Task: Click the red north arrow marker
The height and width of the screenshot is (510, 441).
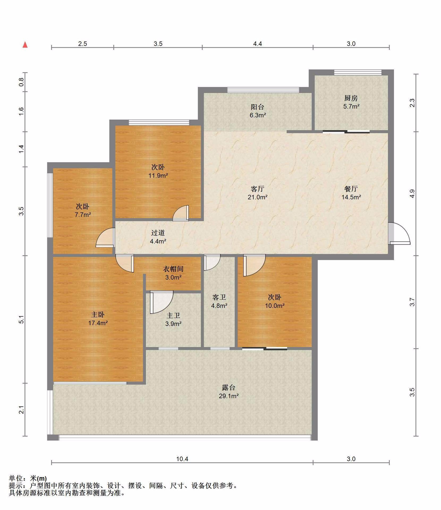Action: pos(25,45)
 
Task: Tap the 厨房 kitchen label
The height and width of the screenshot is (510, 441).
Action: pos(351,98)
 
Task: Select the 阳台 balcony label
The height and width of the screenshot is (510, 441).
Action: pos(257,107)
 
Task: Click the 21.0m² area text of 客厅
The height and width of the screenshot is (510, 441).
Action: pos(257,197)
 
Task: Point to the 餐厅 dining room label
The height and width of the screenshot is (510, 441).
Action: pos(351,189)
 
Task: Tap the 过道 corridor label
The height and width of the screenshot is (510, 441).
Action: pos(158,233)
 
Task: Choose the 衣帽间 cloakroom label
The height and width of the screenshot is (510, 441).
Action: pos(173,269)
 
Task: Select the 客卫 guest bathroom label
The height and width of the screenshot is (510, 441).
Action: pos(219,297)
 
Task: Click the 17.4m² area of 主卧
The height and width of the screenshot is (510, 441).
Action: pos(98,323)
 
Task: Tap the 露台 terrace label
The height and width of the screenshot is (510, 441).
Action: pos(228,388)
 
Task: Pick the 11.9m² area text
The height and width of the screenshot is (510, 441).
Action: pos(158,176)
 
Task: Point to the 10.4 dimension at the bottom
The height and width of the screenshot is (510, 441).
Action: pos(182,459)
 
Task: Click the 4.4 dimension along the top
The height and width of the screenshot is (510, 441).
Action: pos(257,44)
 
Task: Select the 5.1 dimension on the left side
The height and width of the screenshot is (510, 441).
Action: pos(22,320)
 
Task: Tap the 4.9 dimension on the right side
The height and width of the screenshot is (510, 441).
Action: pos(412,194)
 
